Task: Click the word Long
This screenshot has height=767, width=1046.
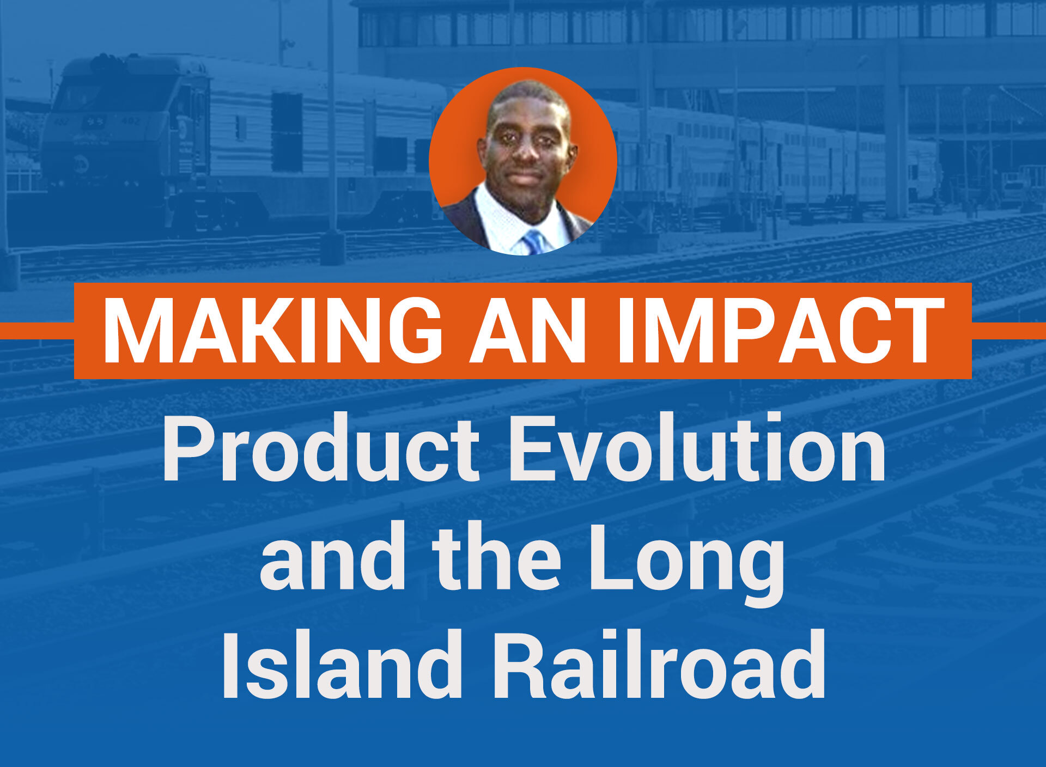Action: (x=688, y=564)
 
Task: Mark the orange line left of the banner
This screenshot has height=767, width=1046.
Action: (x=37, y=331)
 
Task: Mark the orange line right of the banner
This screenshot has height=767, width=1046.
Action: (x=1009, y=331)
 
